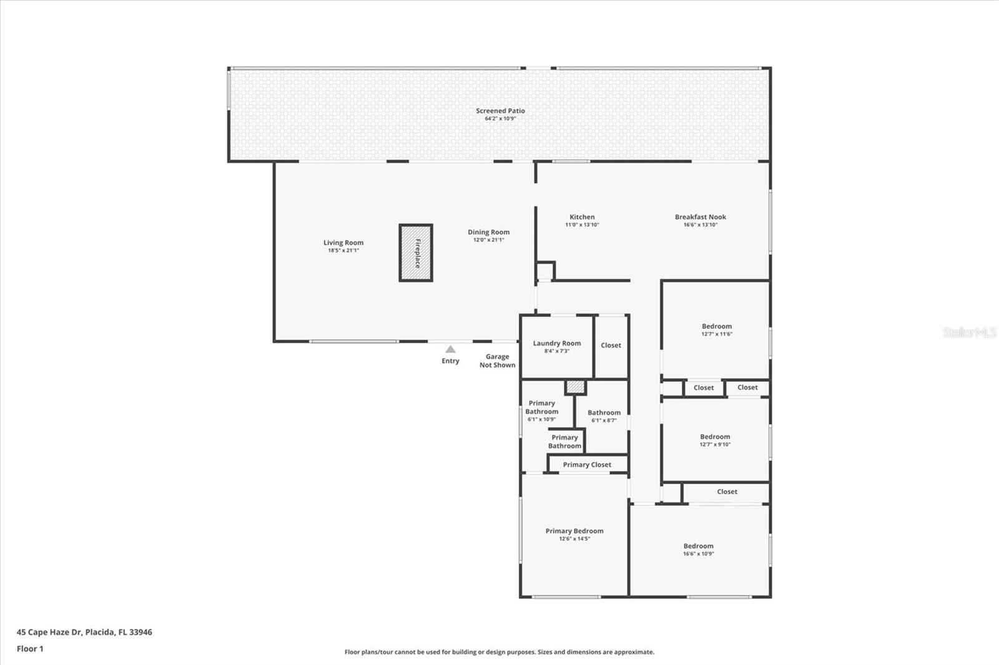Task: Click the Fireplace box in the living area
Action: point(416,253)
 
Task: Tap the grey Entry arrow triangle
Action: point(450,349)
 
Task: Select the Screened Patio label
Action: point(500,111)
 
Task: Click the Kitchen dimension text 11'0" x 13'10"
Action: point(582,225)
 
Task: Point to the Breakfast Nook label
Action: point(700,217)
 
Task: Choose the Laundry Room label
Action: point(556,343)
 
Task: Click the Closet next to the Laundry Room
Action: point(611,346)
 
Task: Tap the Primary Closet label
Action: point(587,465)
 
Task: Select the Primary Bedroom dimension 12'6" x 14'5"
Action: point(574,539)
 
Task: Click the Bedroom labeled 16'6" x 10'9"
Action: point(698,546)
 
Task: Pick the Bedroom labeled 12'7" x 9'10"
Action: point(715,437)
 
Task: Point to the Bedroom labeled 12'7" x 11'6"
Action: point(716,327)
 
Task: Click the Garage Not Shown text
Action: point(497,361)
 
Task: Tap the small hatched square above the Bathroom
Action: point(575,387)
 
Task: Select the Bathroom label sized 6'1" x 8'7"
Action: point(604,413)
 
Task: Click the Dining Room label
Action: point(488,232)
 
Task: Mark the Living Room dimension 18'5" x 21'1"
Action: point(343,251)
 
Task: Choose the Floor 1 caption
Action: point(30,649)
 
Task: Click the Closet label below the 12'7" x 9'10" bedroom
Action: point(727,492)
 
